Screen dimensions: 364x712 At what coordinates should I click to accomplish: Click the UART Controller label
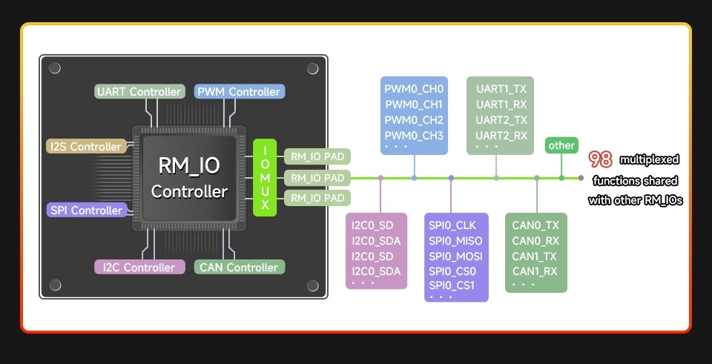pos(139,92)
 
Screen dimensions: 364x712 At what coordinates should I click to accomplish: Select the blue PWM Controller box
pos(239,92)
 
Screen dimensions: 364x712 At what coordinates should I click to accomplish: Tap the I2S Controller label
pos(86,147)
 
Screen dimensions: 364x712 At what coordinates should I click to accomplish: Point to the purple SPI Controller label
pos(86,211)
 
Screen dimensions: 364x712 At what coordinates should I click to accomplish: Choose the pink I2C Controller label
pos(139,267)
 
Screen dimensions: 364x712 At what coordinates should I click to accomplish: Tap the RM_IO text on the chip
pos(189,165)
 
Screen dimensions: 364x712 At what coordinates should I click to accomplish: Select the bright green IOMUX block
pos(265,178)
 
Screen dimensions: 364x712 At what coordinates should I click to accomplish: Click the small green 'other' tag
pos(561,145)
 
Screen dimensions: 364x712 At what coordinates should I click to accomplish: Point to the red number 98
pos(600,159)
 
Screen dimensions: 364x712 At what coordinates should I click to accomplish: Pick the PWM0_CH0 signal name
pos(414,89)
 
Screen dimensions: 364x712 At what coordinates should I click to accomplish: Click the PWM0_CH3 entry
pos(414,136)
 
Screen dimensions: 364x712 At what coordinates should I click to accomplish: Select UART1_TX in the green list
pos(501,89)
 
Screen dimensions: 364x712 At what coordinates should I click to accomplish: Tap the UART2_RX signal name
pos(501,136)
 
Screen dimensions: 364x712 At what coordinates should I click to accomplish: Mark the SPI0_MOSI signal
pos(455,256)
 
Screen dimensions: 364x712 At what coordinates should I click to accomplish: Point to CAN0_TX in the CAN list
pos(535,225)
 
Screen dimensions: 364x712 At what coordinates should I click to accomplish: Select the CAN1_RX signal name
pos(535,271)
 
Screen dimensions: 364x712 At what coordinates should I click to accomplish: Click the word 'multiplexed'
pos(650,159)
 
